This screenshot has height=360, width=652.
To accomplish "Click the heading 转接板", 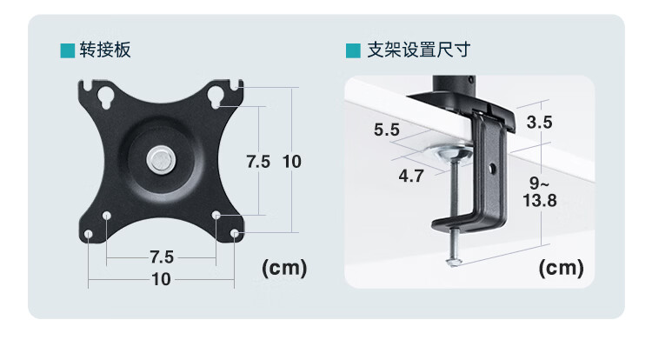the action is tap(105, 50).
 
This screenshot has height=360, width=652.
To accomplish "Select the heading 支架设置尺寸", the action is tap(407, 50).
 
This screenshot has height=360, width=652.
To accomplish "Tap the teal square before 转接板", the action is tap(65, 50).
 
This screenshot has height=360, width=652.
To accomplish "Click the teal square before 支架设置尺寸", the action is tap(351, 50).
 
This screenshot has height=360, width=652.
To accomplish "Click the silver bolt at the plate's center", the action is tap(159, 160).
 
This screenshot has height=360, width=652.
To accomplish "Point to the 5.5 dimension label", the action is tap(386, 130).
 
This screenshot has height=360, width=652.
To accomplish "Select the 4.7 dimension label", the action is tap(410, 175).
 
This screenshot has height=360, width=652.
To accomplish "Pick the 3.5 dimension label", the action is tap(539, 122).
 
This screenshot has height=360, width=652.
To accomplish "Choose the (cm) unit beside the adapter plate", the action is tap(285, 268).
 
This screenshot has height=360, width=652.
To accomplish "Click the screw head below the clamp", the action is tap(452, 261).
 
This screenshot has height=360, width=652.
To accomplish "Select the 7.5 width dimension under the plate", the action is tap(162, 257).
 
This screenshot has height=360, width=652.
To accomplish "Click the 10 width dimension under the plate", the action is tap(162, 279).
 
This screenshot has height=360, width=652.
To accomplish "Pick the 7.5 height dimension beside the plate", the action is tap(258, 161).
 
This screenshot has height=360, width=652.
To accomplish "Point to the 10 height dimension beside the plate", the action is tap(291, 161).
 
